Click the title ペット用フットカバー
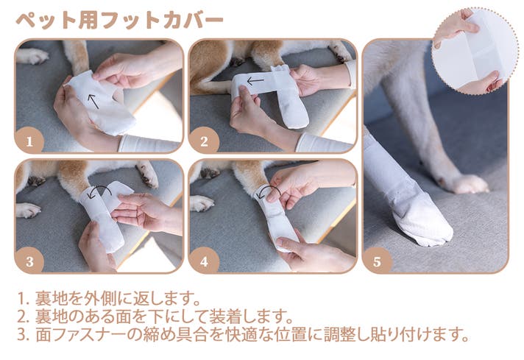tap(120, 21)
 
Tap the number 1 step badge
tap(29, 141)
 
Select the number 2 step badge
tap(204, 141)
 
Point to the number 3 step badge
tap(29, 261)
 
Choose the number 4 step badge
tap(204, 261)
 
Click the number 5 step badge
tap(377, 261)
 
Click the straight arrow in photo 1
tap(93, 102)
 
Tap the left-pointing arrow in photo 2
tap(255, 80)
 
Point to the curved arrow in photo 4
tap(270, 191)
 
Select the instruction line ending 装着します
tap(155, 317)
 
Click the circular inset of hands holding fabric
tap(475, 50)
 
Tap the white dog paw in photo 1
tap(32, 56)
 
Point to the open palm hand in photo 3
tap(144, 213)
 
